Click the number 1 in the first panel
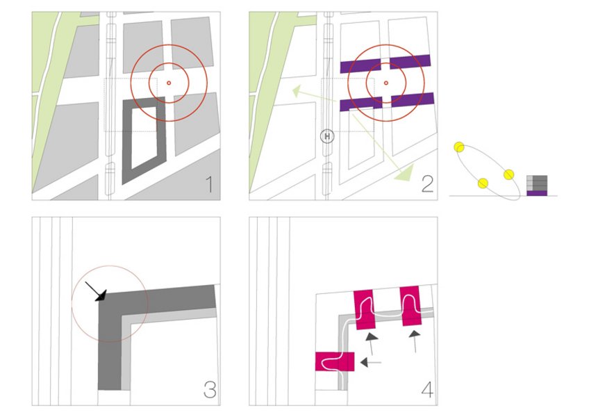click(210, 184)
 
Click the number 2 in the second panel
click(427, 184)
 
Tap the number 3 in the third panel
click(210, 390)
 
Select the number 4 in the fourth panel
click(427, 390)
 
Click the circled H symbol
click(327, 136)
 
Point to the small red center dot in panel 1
click(169, 83)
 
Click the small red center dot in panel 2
click(385, 83)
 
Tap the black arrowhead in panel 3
click(101, 295)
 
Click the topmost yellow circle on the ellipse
click(459, 147)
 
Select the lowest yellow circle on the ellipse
click(483, 183)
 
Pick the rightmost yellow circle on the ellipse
click(508, 174)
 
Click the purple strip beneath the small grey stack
click(537, 193)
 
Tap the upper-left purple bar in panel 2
click(360, 66)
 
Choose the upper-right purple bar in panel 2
click(410, 62)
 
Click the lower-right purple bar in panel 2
click(413, 99)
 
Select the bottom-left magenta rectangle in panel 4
click(335, 361)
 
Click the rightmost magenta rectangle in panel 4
click(410, 306)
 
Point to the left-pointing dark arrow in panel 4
click(370, 362)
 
